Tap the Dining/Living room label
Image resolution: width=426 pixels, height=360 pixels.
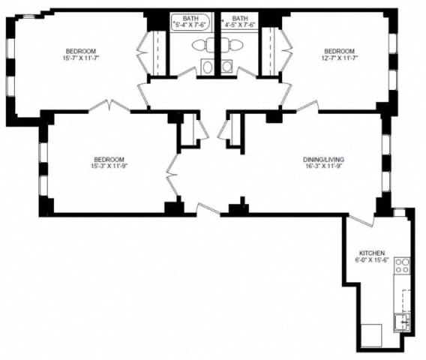(x=324, y=159)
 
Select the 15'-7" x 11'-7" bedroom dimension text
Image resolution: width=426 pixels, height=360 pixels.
(x=81, y=58)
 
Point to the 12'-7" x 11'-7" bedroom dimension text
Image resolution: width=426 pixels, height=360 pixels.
(x=340, y=58)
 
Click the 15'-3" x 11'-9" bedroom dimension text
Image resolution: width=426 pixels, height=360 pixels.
(x=109, y=166)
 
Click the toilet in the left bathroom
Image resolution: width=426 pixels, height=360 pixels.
(x=203, y=45)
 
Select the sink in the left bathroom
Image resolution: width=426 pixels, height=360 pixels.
(x=208, y=67)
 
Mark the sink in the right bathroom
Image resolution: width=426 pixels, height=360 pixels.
(x=226, y=66)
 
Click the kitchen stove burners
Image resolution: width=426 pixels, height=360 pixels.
(x=402, y=265)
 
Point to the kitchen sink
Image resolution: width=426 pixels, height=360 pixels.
(x=402, y=322)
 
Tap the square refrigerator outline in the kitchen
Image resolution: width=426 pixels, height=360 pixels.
(x=371, y=335)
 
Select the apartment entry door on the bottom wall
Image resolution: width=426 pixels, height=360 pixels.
(x=208, y=209)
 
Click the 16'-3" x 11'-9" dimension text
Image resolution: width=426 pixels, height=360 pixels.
(x=324, y=166)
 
